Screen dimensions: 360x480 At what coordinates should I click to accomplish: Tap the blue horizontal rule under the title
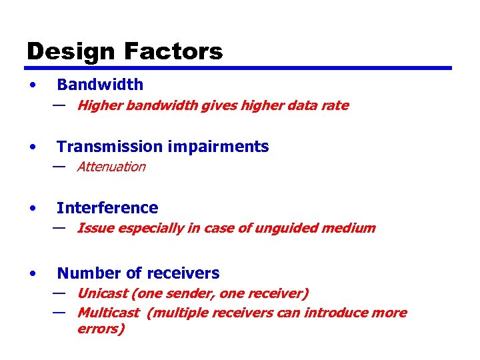coord(239,68)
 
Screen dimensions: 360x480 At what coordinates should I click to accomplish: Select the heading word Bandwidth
coord(100,85)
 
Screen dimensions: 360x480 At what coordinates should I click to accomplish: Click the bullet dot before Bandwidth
coord(32,85)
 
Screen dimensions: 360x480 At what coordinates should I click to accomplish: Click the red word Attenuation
coord(111,167)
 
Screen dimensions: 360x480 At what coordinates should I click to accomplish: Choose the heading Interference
coord(107,208)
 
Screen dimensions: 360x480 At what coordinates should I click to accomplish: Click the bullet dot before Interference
coord(32,209)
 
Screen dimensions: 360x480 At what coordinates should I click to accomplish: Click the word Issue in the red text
coord(93,228)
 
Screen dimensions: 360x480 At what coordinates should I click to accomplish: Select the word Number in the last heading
coord(85,273)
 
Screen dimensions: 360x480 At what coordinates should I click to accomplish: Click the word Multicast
coord(108,313)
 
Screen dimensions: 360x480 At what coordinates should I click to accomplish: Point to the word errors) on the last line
coord(101,329)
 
